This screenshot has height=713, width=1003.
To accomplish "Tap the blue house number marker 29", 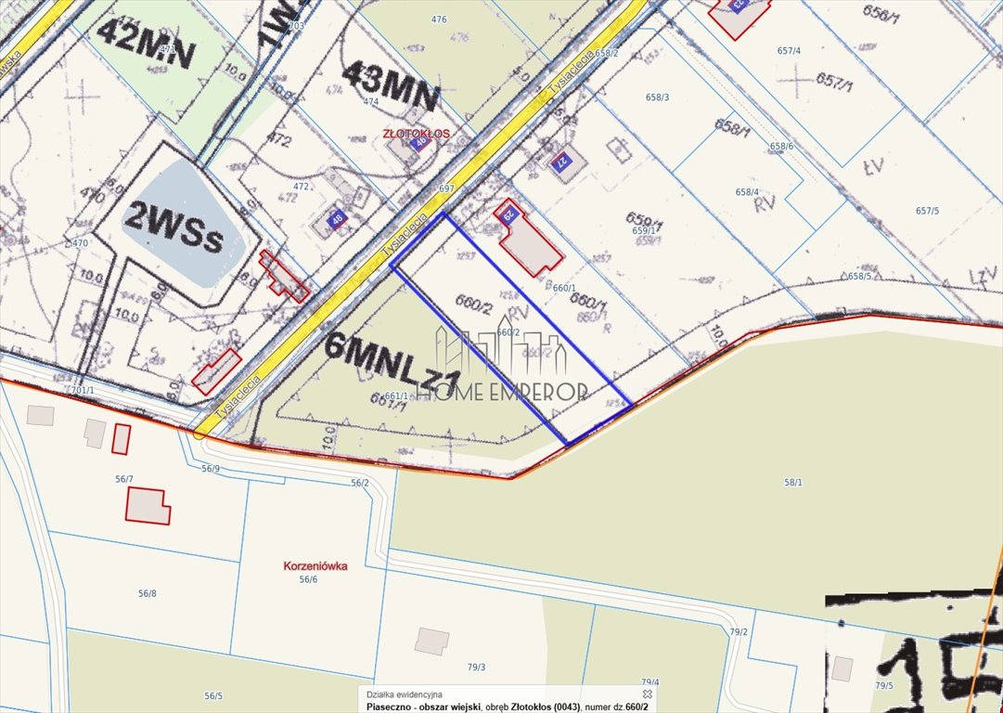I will [508, 214].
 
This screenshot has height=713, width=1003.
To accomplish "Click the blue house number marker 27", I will [559, 162].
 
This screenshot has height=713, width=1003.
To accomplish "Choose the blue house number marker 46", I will [334, 220].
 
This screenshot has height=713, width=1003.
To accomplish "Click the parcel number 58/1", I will [792, 482].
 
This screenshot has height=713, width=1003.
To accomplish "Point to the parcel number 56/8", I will [147, 593].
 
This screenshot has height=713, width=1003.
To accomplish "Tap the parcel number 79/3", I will [476, 667].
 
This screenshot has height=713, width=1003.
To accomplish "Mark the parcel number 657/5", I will [927, 211].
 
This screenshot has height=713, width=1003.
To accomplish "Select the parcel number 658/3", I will [658, 97].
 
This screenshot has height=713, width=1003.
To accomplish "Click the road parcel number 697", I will [446, 188].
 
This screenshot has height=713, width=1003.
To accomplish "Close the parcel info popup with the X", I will [648, 694].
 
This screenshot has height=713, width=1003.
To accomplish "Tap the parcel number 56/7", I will [123, 478].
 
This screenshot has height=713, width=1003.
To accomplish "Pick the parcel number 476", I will [439, 19].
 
